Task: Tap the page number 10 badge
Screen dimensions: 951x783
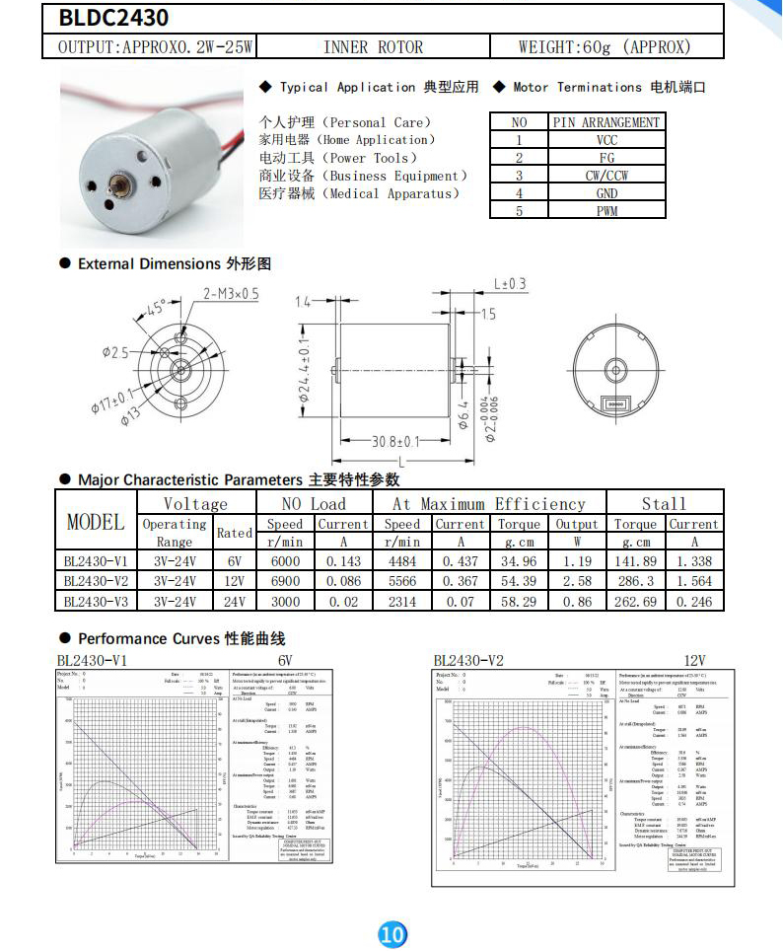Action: point(392,933)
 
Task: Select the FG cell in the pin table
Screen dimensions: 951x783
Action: point(606,158)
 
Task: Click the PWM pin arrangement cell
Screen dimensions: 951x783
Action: point(606,211)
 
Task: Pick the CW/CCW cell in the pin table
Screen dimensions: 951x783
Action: point(606,176)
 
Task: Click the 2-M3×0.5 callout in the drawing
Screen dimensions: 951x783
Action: point(231,294)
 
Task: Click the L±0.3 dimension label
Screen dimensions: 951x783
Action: point(510,284)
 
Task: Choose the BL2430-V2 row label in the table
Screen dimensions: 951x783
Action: point(97,581)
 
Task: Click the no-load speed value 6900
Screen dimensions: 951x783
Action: point(285,581)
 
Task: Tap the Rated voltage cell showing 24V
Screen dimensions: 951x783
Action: point(234,601)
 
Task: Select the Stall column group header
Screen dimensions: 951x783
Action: point(664,503)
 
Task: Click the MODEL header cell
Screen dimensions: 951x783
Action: point(96,522)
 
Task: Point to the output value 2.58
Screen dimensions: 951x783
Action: point(577,581)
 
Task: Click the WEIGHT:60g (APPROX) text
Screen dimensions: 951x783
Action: point(605,46)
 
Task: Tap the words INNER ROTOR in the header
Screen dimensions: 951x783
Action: point(373,46)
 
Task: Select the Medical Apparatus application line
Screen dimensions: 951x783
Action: point(360,193)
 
